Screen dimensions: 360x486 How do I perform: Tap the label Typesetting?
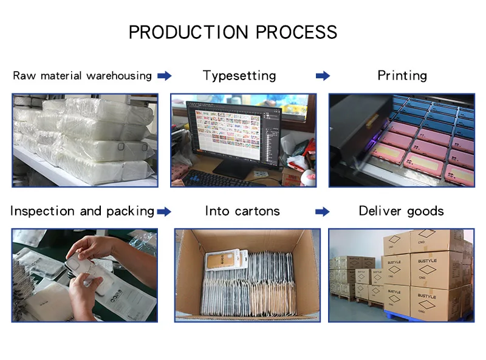pyautogui.click(x=239, y=76)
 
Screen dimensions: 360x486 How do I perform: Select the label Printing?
pyautogui.click(x=402, y=75)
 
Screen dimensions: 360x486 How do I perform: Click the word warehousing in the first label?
pyautogui.click(x=118, y=76)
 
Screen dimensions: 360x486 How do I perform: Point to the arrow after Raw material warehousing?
pyautogui.click(x=164, y=76)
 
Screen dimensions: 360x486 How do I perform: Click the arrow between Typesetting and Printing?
pyautogui.click(x=323, y=76)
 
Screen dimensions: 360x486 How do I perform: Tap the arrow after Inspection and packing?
pyautogui.click(x=164, y=211)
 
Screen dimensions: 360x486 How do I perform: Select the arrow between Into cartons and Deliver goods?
pyautogui.click(x=323, y=211)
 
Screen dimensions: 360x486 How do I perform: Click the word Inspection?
pyautogui.click(x=43, y=211)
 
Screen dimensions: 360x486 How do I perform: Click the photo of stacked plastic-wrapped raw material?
pyautogui.click(x=85, y=140)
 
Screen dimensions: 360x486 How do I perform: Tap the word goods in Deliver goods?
pyautogui.click(x=425, y=211)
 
